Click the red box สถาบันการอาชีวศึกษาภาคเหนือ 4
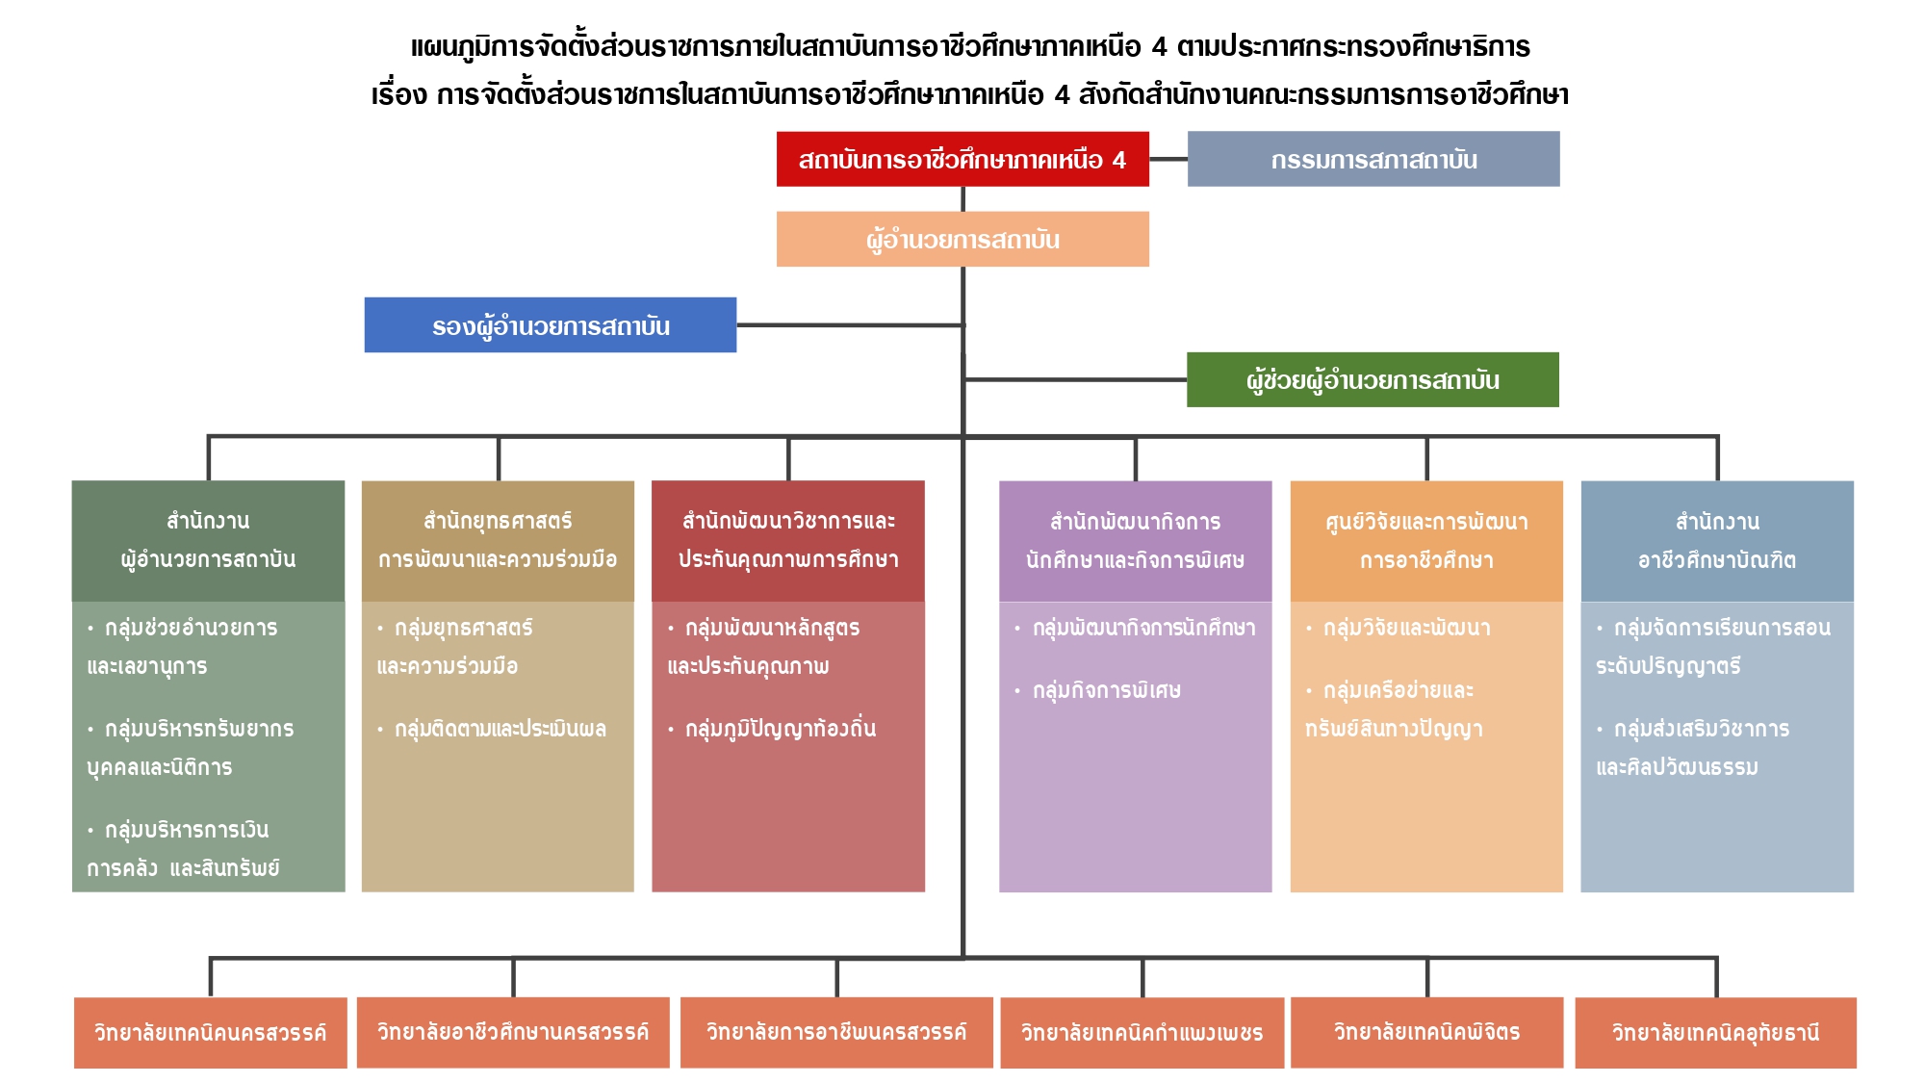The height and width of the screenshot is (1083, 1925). [x=962, y=159]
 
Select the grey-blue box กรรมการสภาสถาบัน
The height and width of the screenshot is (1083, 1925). [x=1373, y=159]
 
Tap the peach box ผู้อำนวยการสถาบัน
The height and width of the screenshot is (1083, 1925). [x=962, y=239]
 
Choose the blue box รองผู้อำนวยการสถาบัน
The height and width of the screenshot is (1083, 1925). [x=551, y=325]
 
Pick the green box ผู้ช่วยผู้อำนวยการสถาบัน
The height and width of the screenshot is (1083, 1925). [x=1373, y=380]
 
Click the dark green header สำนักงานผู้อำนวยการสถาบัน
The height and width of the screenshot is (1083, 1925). [x=208, y=540]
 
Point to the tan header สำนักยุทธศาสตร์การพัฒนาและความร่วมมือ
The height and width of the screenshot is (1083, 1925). [x=498, y=540]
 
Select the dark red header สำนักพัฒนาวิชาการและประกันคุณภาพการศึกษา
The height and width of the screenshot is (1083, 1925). [x=788, y=540]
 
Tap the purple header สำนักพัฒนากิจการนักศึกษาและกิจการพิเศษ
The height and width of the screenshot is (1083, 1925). [x=1135, y=540]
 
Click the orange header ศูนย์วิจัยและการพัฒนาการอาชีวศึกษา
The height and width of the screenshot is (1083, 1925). [x=1426, y=540]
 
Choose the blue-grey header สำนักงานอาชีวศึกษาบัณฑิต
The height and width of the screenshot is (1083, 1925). [x=1717, y=540]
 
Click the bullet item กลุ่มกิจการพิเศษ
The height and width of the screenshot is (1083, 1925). [x=1106, y=690]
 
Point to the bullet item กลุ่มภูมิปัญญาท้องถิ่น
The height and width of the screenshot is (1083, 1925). [x=780, y=729]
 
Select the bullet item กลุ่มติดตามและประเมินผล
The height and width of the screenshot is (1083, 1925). [x=500, y=729]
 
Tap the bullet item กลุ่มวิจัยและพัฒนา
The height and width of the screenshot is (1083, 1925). [x=1406, y=628]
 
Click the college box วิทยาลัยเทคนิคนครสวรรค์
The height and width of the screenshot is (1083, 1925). [x=210, y=1033]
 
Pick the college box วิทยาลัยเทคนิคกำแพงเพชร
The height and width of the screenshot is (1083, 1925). [x=1142, y=1033]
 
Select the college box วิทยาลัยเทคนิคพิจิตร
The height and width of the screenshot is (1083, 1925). [x=1426, y=1033]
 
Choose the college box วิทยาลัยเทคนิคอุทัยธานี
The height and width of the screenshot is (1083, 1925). [x=1715, y=1033]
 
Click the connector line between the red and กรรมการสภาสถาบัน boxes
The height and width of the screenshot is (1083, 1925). [x=1168, y=159]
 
